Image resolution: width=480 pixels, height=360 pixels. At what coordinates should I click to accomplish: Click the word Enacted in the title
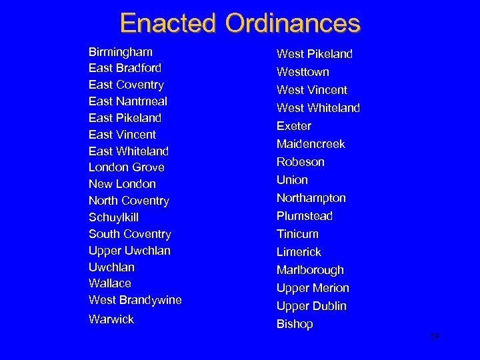click(x=169, y=23)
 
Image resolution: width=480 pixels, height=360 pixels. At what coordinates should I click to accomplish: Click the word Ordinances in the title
click(x=293, y=23)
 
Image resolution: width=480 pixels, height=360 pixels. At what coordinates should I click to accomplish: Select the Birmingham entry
click(x=121, y=52)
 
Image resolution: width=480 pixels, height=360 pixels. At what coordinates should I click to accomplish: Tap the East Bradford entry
click(x=125, y=68)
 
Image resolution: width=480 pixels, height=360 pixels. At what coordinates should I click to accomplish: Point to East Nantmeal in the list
click(x=128, y=101)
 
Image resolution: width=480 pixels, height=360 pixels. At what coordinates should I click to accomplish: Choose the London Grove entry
click(x=127, y=167)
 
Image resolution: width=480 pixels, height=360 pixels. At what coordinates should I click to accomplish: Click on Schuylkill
click(x=113, y=217)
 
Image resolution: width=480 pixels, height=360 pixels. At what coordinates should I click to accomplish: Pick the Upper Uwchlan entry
click(x=129, y=251)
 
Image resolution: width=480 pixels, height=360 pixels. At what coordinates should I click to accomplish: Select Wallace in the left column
click(x=110, y=283)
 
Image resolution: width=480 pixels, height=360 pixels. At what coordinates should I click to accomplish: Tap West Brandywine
click(x=135, y=300)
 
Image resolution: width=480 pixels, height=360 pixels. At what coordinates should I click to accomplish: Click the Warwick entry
click(x=111, y=319)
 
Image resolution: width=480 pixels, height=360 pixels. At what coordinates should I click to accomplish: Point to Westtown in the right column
click(x=303, y=72)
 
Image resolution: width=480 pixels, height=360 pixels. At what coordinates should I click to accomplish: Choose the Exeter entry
click(x=294, y=126)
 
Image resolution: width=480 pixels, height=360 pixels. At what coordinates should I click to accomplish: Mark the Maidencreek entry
click(x=311, y=144)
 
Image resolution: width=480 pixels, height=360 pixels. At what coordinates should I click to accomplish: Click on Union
click(x=292, y=180)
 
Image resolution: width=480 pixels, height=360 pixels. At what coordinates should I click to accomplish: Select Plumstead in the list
click(x=305, y=216)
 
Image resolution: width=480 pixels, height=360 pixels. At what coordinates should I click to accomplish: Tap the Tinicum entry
click(x=297, y=234)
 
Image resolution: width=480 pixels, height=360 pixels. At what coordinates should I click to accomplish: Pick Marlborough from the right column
click(x=310, y=270)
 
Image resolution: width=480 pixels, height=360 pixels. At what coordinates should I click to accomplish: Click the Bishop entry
click(x=295, y=324)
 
